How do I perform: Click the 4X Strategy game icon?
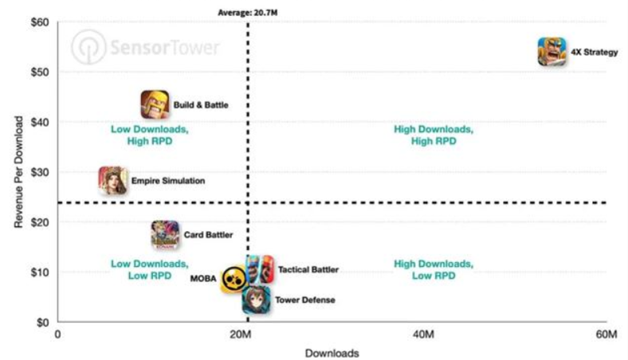552,52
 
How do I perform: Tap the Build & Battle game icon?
155,104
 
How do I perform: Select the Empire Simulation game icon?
112,181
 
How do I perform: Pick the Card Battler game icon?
165,235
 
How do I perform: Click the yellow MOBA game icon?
234,279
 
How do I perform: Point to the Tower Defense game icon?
257,299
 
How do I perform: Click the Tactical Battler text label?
308,270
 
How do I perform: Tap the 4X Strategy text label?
595,53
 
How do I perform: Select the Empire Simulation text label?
168,181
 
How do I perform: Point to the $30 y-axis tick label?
40,172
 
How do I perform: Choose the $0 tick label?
43,323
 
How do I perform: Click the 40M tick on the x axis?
424,335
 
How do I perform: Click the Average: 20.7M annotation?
248,11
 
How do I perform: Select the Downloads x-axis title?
332,353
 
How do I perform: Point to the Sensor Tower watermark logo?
145,47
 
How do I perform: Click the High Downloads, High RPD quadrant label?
434,135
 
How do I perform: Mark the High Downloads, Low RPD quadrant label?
434,270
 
